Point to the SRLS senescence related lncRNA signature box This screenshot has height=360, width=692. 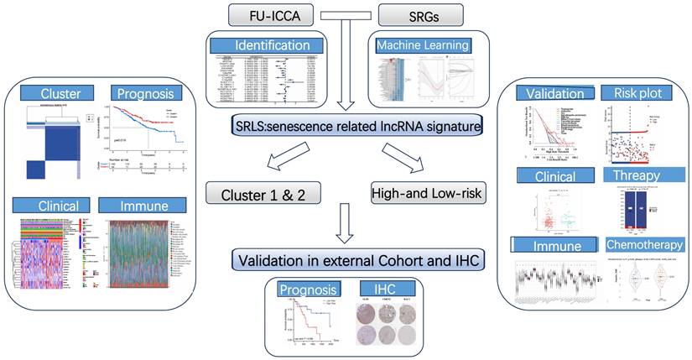[346, 126]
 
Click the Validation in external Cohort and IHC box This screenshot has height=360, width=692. [346, 260]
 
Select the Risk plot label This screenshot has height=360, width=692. [637, 93]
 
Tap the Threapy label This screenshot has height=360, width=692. [637, 178]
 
